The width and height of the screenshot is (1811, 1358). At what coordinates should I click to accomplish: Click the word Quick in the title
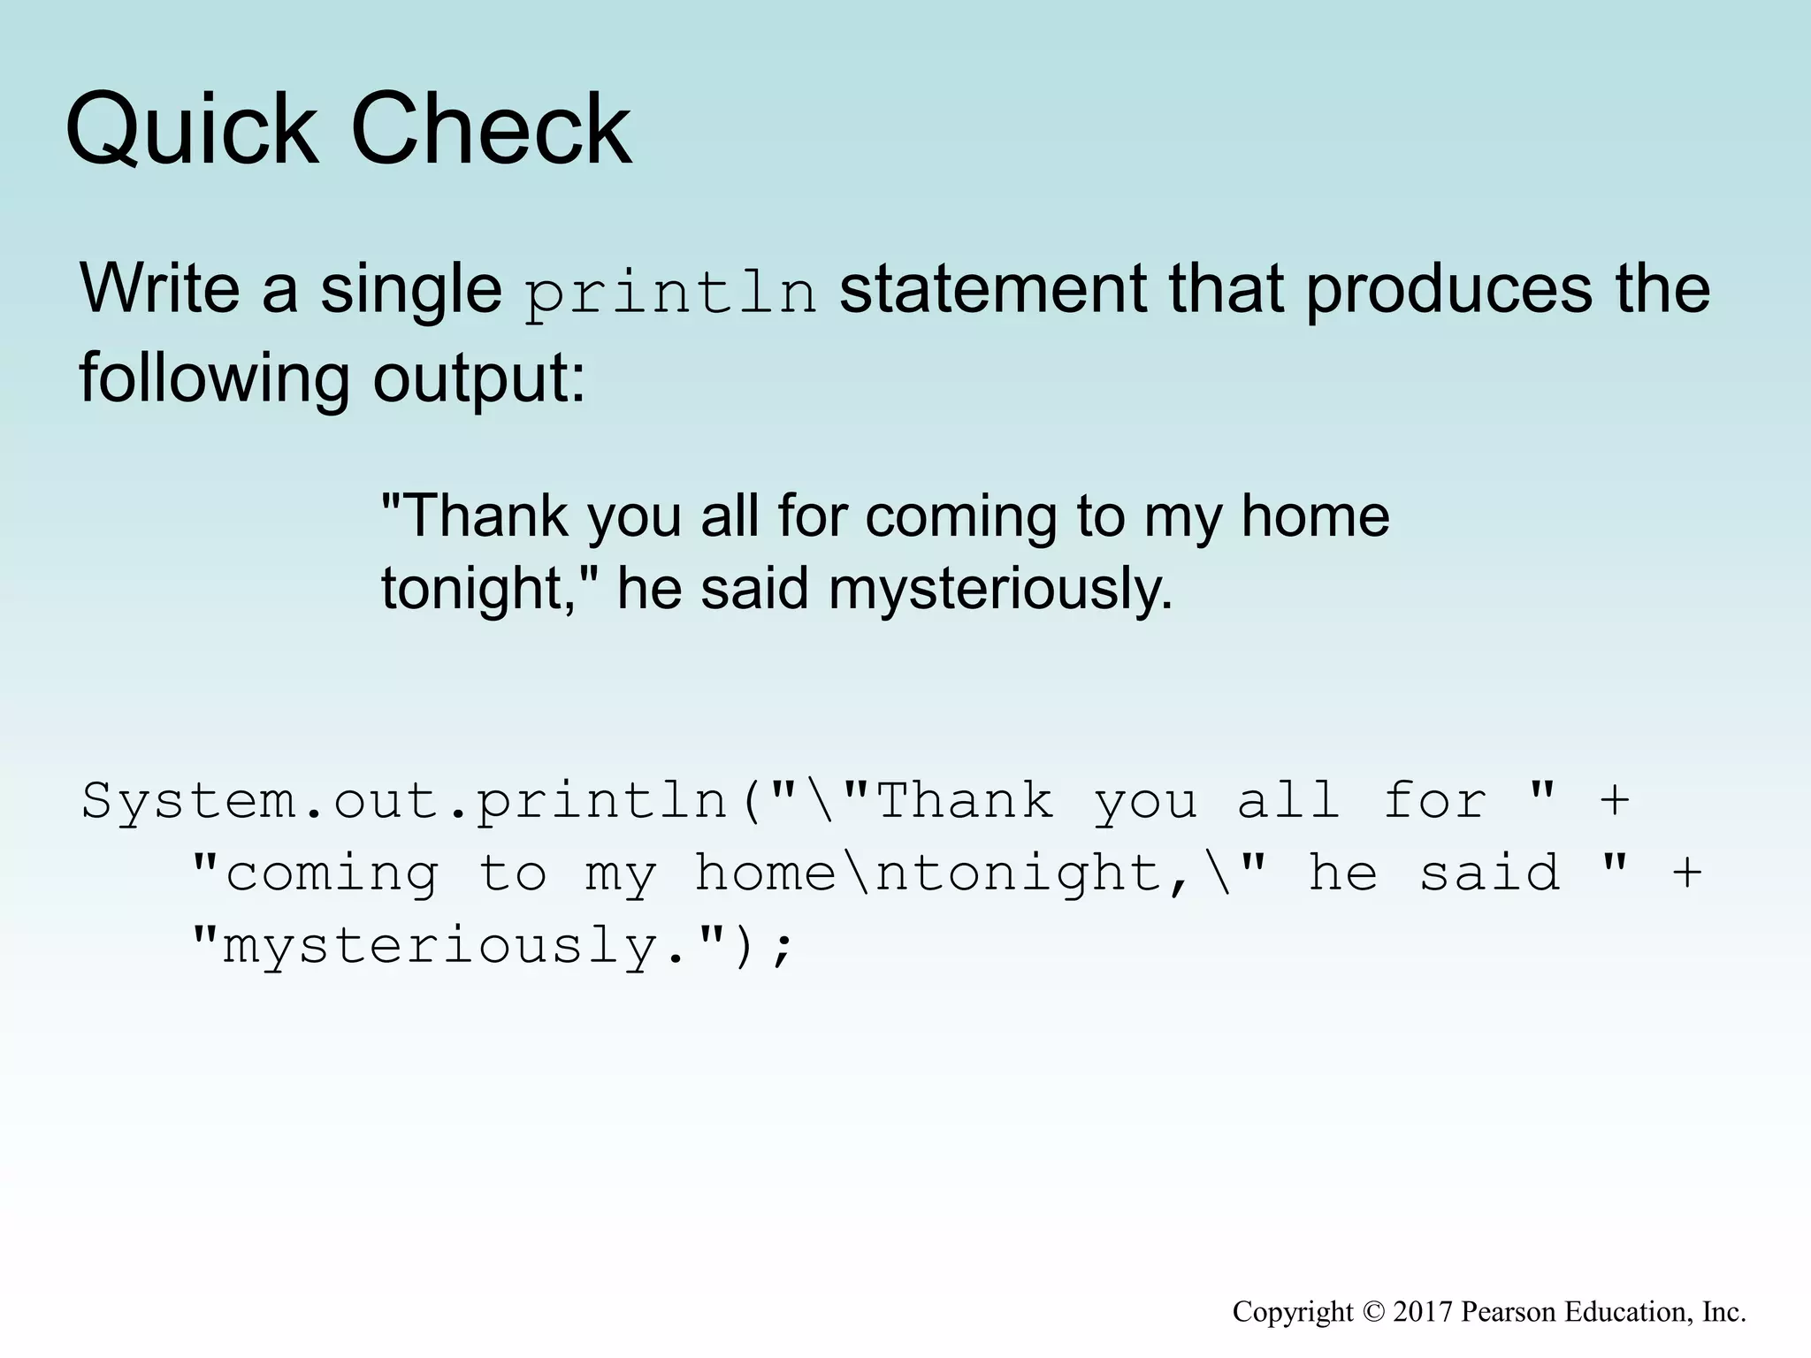pyautogui.click(x=191, y=130)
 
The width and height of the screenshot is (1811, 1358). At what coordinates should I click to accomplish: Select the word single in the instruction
pyautogui.click(x=410, y=290)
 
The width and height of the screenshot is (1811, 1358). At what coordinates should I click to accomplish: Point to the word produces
pyautogui.click(x=1448, y=290)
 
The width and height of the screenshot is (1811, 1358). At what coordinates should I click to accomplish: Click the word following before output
pyautogui.click(x=214, y=378)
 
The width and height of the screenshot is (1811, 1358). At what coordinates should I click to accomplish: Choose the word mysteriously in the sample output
pyautogui.click(x=999, y=590)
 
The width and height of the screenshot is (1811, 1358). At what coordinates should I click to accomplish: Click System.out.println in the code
pyautogui.click(x=404, y=802)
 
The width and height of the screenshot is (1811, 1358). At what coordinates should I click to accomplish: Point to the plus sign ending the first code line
pyautogui.click(x=1615, y=800)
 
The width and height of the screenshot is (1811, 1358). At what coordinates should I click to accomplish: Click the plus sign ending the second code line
pyautogui.click(x=1687, y=873)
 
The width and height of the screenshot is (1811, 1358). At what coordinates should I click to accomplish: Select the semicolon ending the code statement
pyautogui.click(x=782, y=948)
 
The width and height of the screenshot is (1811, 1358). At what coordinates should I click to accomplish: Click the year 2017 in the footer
pyautogui.click(x=1423, y=1312)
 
